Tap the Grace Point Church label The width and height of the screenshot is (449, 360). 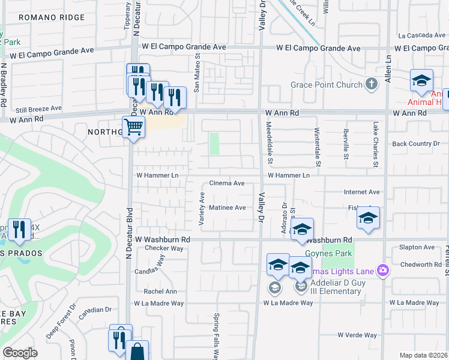[327, 85]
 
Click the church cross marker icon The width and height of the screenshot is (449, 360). [372, 84]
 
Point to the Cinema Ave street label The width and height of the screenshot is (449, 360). [226, 183]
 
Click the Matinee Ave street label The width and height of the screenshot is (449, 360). [227, 208]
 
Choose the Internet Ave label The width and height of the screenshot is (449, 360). [361, 192]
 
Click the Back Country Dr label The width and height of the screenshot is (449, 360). [412, 144]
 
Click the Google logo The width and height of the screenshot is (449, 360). [20, 353]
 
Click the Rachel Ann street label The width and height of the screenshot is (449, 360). [160, 292]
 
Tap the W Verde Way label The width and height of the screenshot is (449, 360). [357, 335]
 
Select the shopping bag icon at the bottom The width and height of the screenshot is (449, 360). [137, 351]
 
